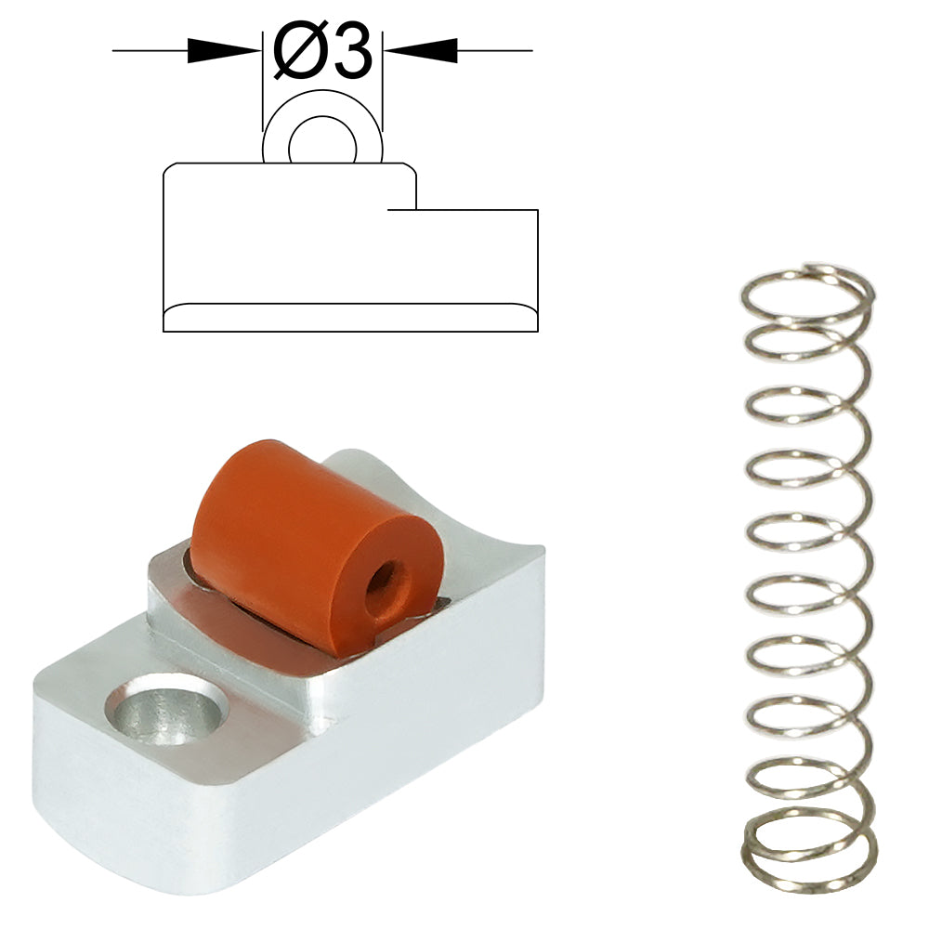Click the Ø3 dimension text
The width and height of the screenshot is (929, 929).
[323, 52]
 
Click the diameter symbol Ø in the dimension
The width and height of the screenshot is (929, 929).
[298, 52]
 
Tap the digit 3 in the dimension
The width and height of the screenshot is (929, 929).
[350, 52]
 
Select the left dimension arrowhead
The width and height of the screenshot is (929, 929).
[225, 51]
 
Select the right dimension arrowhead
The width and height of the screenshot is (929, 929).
[421, 51]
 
